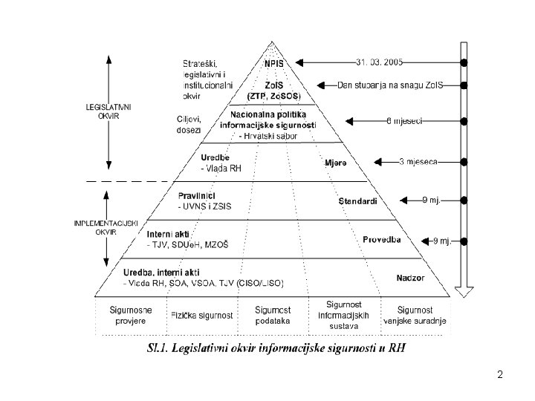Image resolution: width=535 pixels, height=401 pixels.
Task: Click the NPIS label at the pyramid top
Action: coord(273,64)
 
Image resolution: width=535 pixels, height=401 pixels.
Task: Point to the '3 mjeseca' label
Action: coord(419,161)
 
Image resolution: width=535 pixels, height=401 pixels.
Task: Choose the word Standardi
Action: coord(357,201)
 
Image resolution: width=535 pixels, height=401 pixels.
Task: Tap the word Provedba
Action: coord(382,239)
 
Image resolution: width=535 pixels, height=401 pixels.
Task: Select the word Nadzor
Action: coord(411,278)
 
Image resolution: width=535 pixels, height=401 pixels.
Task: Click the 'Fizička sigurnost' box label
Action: coord(202,316)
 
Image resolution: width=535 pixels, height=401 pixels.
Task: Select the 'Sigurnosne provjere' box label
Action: coord(129,316)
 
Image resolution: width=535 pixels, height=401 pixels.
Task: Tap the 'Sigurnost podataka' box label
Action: coord(272,316)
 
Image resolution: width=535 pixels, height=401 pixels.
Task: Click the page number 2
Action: coord(500,374)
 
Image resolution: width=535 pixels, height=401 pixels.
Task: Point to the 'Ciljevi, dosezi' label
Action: coord(189,125)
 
